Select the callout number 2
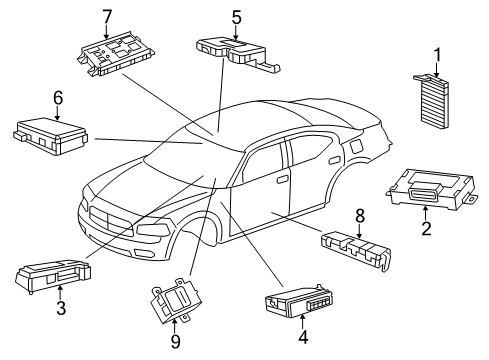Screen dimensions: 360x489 [x=426, y=230]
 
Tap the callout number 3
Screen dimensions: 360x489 [x=62, y=308]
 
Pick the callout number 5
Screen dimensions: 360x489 [x=237, y=16]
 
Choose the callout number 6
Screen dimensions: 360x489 [x=57, y=97]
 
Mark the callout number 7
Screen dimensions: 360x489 [x=107, y=16]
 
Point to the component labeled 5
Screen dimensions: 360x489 [x=236, y=50]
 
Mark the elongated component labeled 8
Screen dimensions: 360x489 [x=354, y=250]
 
